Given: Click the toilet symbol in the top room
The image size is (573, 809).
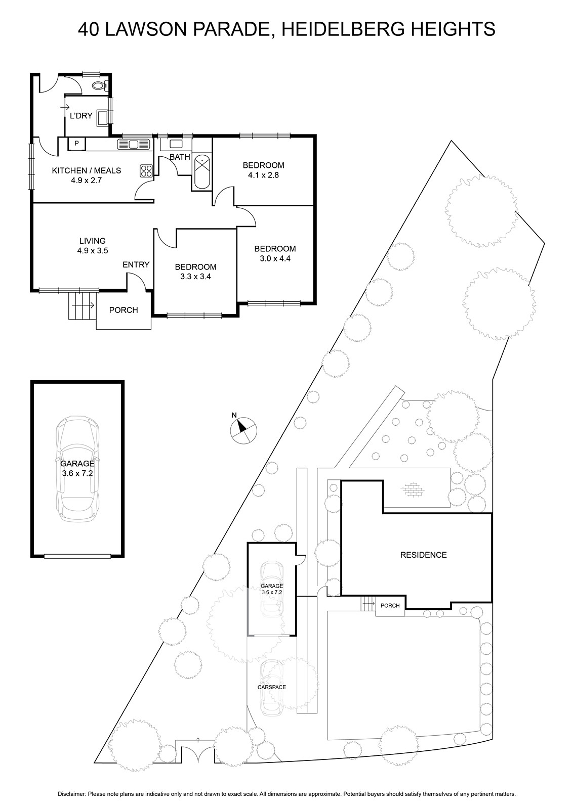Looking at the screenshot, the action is click(x=99, y=85).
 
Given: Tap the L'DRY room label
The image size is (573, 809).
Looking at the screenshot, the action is click(x=81, y=116).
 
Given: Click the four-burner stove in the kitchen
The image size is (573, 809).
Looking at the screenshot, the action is click(x=146, y=171).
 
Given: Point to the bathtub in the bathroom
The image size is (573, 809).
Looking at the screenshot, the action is click(x=202, y=171).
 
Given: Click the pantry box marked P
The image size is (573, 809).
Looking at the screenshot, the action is click(x=76, y=144).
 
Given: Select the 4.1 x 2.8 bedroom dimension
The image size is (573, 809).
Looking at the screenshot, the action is click(x=264, y=175).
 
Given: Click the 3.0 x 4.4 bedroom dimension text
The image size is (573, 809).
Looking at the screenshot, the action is click(x=275, y=258).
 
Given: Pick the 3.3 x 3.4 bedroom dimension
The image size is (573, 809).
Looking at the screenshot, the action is click(x=195, y=277).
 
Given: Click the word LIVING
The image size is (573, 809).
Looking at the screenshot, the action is click(x=93, y=241).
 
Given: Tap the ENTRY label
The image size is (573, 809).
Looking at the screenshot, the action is click(x=136, y=265).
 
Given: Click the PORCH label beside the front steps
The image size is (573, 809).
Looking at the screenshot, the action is click(x=124, y=310).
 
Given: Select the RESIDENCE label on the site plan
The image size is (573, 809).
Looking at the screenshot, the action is click(x=423, y=555).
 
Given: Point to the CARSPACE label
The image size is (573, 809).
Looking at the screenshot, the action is click(x=271, y=687).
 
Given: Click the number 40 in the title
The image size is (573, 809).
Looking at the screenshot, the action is click(x=89, y=29).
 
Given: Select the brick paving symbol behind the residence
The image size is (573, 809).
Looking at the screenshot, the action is click(x=413, y=490).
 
